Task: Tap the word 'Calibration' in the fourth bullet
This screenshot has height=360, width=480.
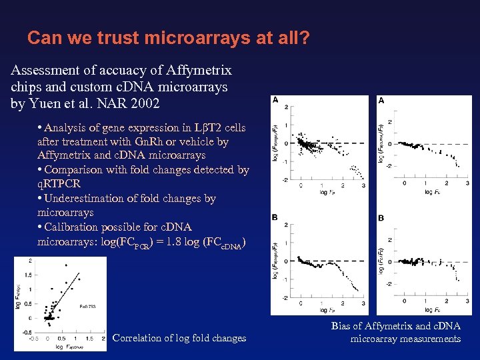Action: [x=73, y=227]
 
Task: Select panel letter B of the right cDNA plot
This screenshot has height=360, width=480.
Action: [x=381, y=218]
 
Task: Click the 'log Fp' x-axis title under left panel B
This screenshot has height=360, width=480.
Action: [x=327, y=311]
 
